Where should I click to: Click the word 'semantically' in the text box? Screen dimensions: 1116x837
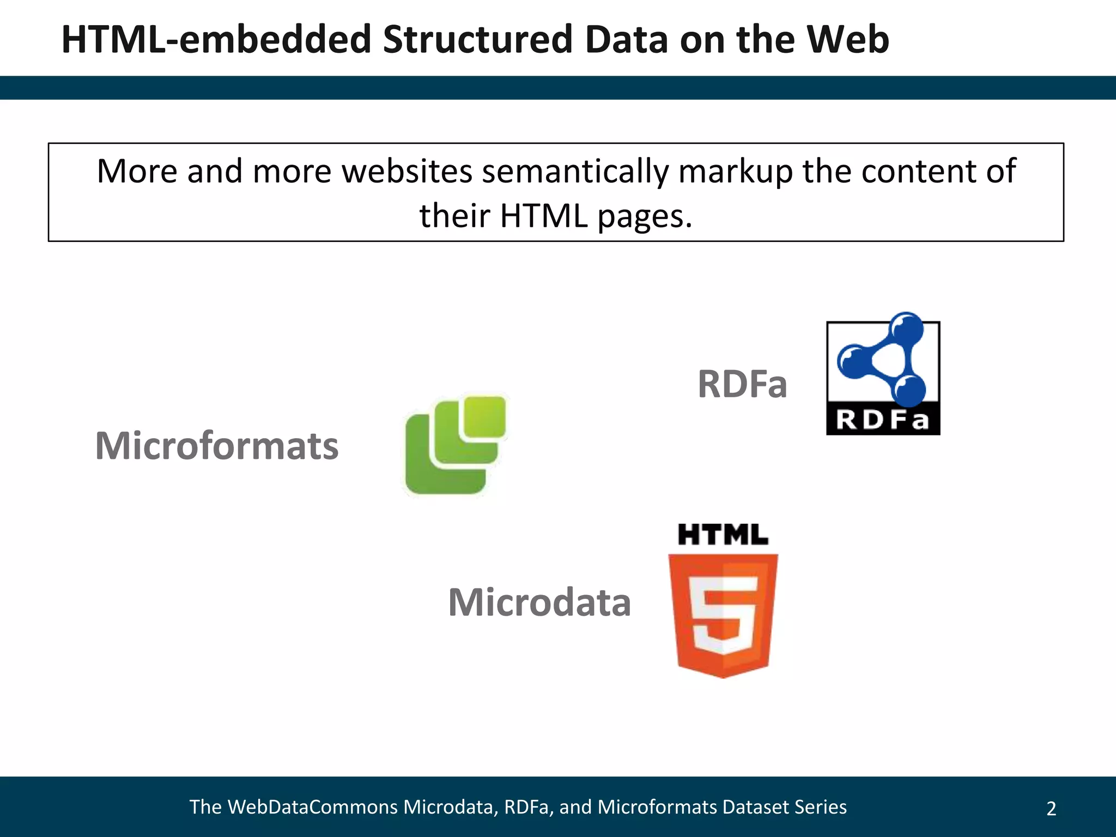(575, 172)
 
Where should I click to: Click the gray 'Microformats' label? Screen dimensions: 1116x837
(217, 446)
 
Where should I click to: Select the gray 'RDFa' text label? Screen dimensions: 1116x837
(742, 384)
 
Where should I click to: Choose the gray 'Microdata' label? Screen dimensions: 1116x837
(539, 602)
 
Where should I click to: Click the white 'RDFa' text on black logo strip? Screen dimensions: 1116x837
(883, 420)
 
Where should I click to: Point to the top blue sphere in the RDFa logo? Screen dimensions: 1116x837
(906, 328)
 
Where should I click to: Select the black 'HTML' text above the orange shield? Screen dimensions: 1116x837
(723, 535)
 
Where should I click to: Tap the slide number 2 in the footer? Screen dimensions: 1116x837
(1051, 809)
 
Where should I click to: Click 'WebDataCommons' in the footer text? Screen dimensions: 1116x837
(312, 807)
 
